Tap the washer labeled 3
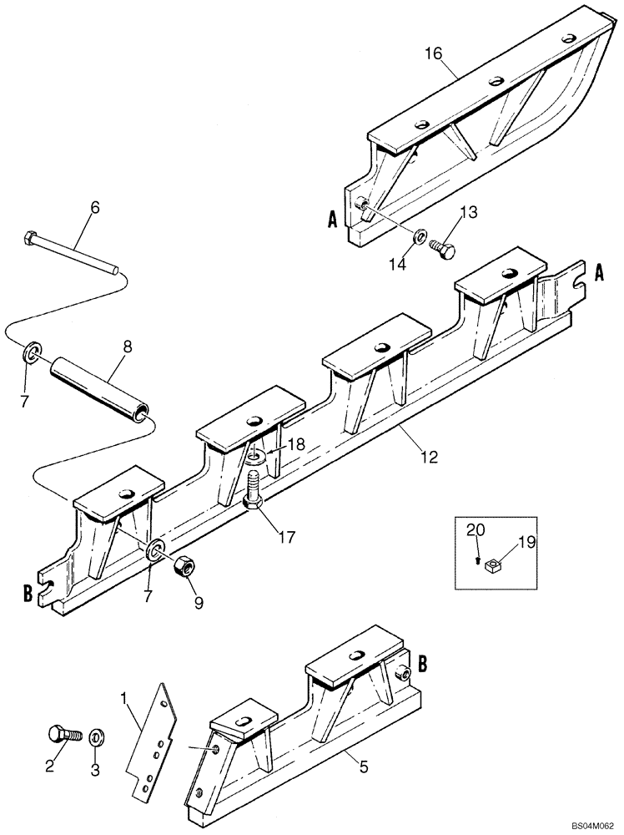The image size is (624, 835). [96, 736]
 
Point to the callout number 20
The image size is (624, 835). [475, 529]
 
